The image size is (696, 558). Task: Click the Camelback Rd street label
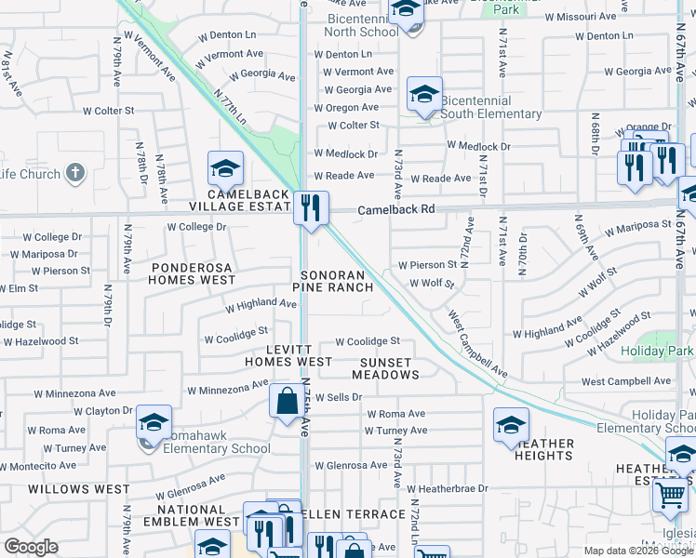click(x=396, y=210)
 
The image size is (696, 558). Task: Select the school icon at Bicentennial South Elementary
click(x=424, y=94)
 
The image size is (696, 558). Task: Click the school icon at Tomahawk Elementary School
click(x=154, y=423)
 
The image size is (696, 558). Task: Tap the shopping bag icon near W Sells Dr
click(x=286, y=401)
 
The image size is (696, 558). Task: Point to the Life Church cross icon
click(x=75, y=173)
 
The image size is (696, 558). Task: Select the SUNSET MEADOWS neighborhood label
click(x=385, y=367)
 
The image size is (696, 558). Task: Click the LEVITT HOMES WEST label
click(x=288, y=353)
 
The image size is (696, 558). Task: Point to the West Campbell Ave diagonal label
click(x=477, y=344)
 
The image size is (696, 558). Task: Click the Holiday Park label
click(x=657, y=352)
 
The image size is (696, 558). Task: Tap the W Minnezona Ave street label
click(x=228, y=388)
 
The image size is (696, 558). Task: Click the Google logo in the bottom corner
click(x=31, y=547)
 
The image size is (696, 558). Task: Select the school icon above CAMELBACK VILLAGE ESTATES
click(x=224, y=168)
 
